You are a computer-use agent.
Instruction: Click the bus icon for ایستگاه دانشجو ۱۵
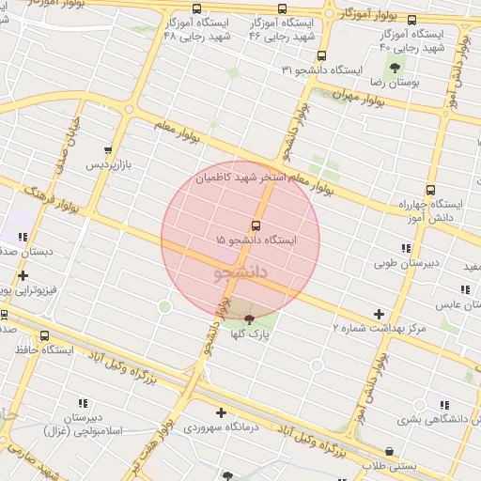[256, 225]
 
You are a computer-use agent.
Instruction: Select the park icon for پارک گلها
[248, 320]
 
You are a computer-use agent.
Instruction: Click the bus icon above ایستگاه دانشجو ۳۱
[322, 55]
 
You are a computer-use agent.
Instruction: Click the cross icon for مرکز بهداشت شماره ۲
[379, 314]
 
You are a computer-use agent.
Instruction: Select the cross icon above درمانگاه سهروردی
[221, 411]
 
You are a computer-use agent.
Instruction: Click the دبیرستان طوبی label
[405, 264]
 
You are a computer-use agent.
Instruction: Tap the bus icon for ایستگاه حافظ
[45, 335]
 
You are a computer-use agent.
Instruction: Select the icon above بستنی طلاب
[389, 451]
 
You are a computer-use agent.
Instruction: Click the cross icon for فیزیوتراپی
[23, 275]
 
